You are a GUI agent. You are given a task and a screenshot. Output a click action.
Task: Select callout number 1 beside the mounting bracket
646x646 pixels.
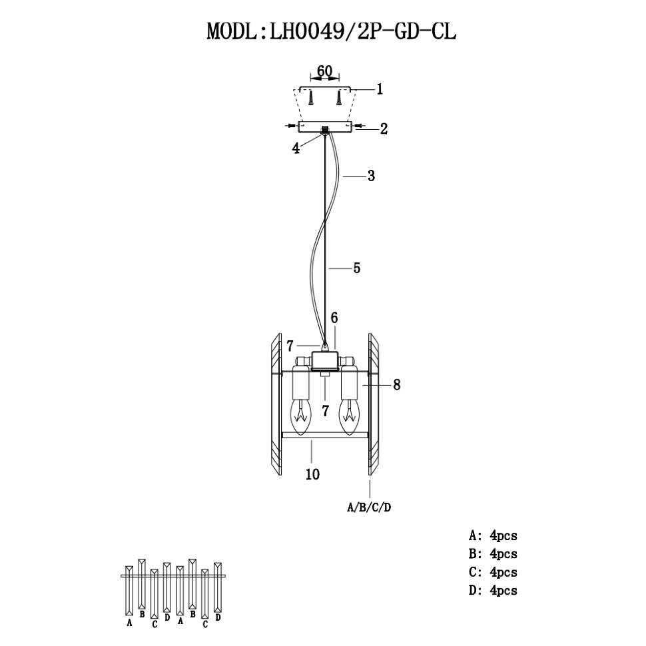tap(380, 89)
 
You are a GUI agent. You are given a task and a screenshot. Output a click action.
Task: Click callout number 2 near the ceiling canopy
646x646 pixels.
tap(384, 129)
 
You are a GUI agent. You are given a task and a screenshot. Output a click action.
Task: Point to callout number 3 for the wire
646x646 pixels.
tap(371, 176)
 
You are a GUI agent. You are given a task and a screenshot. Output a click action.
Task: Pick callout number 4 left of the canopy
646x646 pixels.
tap(295, 148)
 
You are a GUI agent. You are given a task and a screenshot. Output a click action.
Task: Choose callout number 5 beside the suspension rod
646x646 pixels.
tap(356, 268)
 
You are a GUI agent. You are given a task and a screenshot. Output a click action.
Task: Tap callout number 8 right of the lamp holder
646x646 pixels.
tap(396, 384)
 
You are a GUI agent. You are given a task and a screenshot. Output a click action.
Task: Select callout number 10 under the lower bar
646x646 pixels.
tap(312, 474)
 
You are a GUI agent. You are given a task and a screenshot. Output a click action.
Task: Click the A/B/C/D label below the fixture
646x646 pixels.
tap(370, 507)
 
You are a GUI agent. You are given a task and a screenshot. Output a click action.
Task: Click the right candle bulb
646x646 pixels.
tap(349, 416)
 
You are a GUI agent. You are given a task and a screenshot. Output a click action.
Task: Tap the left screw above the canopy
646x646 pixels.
tap(311, 98)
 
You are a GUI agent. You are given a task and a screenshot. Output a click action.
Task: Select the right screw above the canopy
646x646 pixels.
tap(340, 98)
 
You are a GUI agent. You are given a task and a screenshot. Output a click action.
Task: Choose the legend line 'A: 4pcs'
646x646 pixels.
tap(493, 535)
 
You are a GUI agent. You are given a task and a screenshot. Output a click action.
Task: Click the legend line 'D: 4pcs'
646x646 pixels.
tap(493, 590)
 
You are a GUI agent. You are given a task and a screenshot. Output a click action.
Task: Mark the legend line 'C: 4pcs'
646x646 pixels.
tap(493, 572)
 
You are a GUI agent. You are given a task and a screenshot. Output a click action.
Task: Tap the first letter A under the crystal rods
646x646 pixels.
tap(129, 623)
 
